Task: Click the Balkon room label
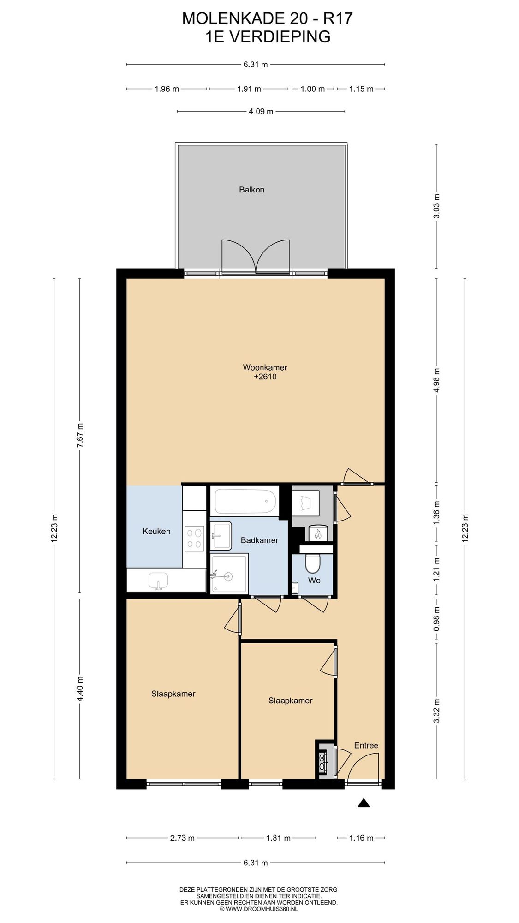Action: pos(251,190)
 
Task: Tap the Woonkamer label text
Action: pos(265,367)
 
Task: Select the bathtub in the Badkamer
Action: pos(245,501)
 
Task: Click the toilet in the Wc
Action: pos(313,563)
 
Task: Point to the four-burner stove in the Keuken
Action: pos(194,539)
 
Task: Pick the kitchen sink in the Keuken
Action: pos(159,581)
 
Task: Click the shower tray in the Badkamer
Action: pos(229,574)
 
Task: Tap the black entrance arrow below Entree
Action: pos(364,803)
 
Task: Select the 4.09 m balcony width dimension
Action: pos(261,111)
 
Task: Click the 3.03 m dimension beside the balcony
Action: pos(437,206)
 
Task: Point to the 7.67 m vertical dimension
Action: pos(80,435)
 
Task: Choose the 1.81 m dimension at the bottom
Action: pos(278,838)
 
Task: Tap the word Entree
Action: pos(366,745)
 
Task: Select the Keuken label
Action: pos(156,531)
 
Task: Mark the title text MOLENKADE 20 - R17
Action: pos(268,18)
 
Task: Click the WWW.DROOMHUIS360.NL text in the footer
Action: pos(262,909)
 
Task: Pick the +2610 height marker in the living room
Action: pos(265,377)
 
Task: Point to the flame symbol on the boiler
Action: pos(317,534)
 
